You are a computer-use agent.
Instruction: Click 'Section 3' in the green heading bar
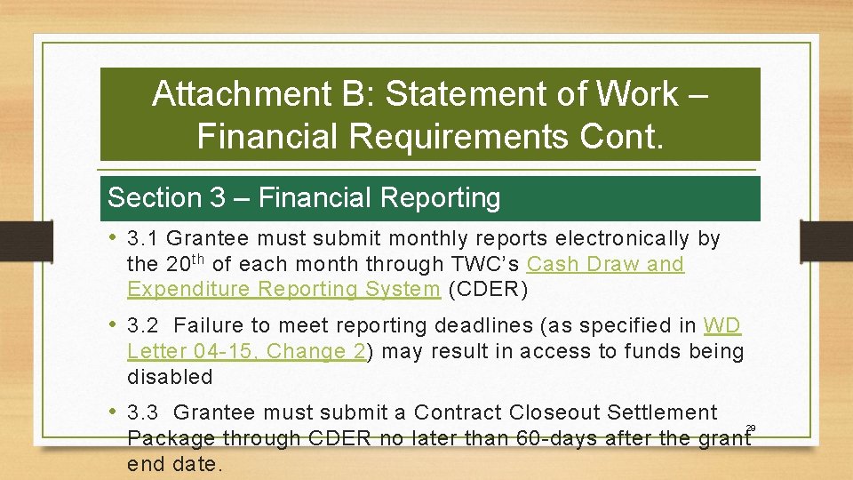click(166, 197)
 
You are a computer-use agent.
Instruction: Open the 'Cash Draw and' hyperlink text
click(605, 264)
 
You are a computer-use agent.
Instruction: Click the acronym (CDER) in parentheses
click(489, 289)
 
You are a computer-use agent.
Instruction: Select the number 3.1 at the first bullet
click(143, 239)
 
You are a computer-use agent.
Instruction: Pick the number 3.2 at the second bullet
click(143, 326)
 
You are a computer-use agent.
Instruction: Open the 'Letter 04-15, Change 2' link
click(246, 351)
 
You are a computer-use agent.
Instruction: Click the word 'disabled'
click(170, 376)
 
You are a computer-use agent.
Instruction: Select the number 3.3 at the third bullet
click(143, 412)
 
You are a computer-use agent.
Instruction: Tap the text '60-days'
click(557, 437)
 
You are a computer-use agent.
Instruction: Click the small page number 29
click(751, 429)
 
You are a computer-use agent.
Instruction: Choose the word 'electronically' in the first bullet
click(623, 239)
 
